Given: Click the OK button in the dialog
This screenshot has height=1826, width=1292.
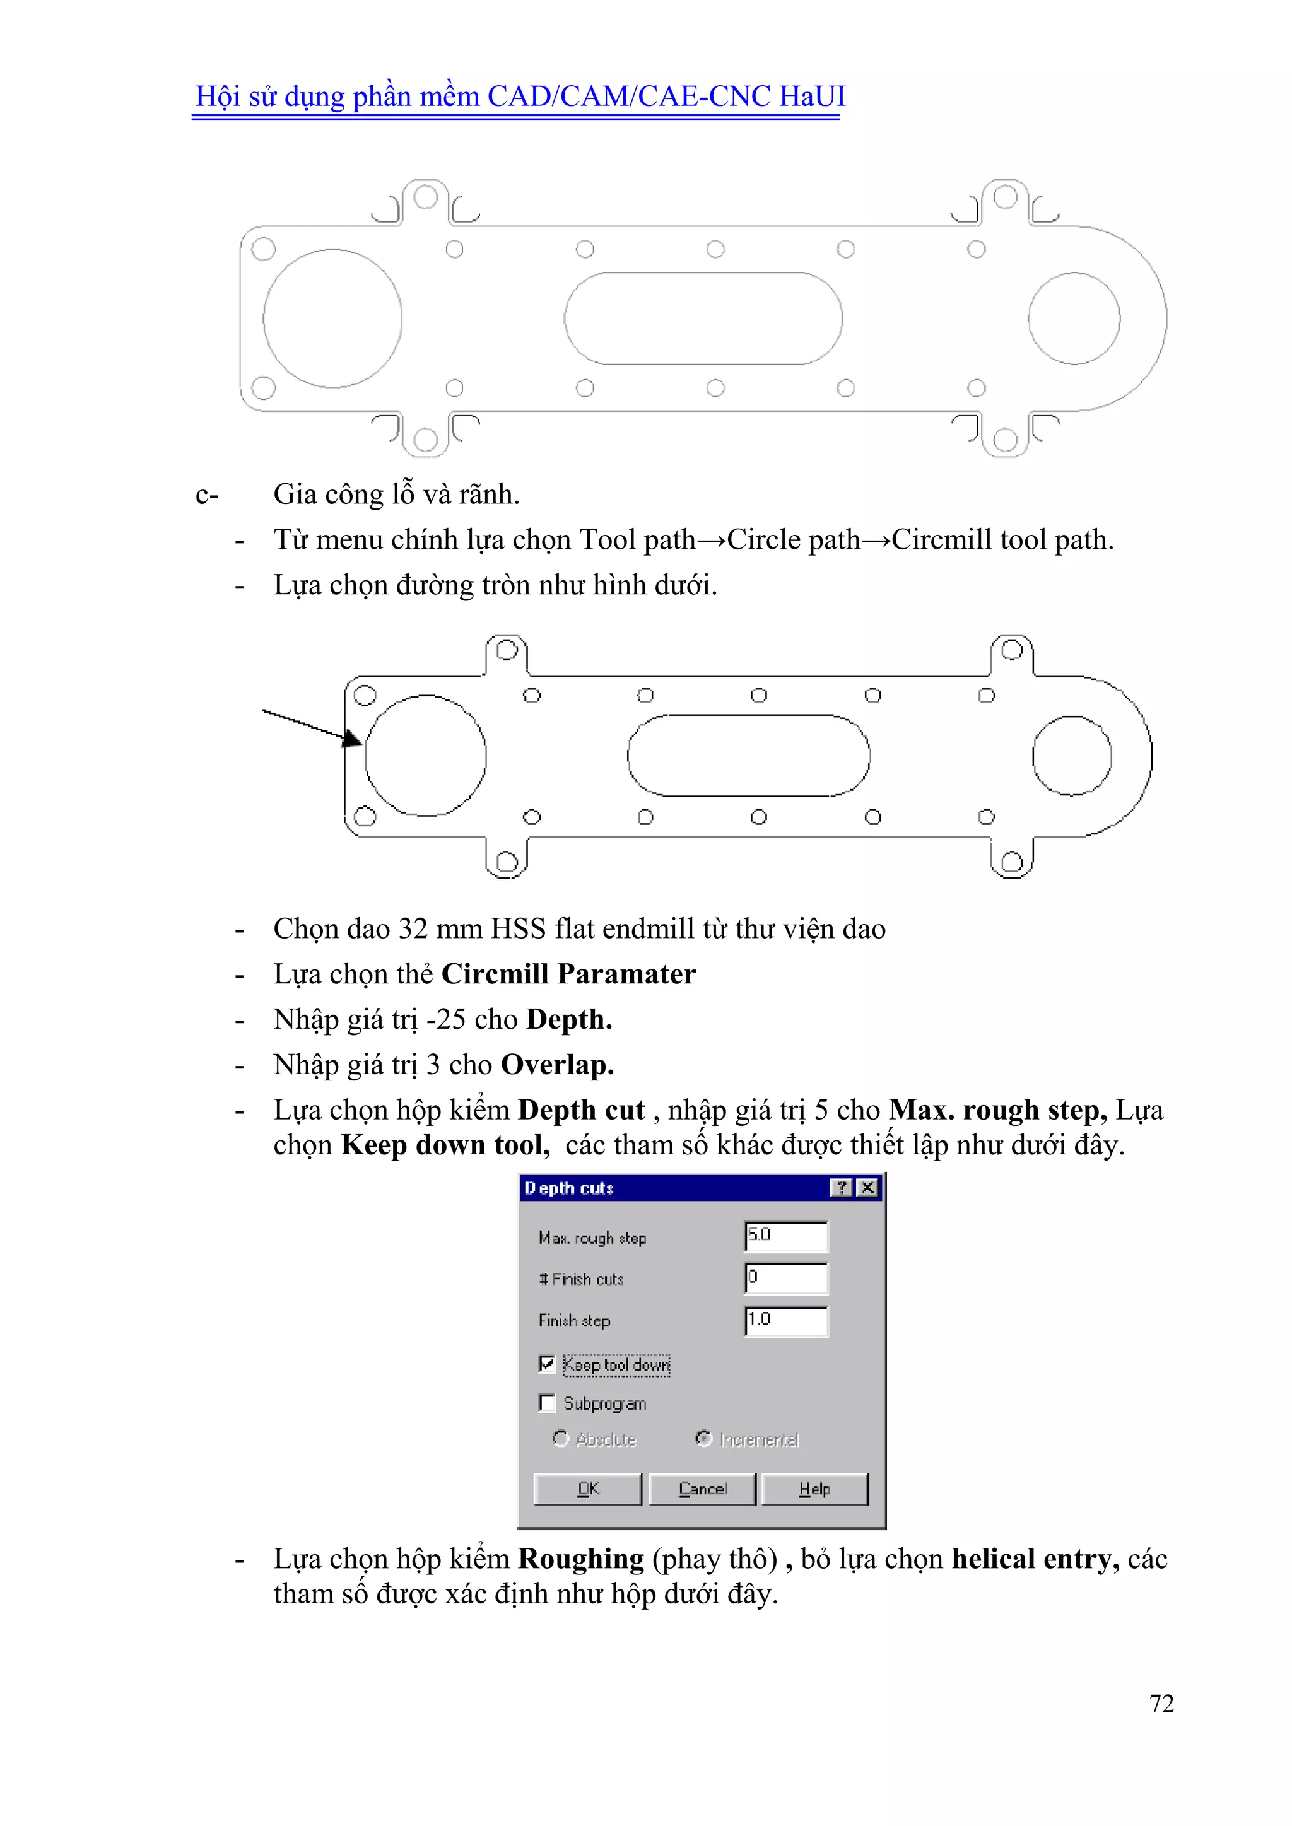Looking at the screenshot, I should click(587, 1489).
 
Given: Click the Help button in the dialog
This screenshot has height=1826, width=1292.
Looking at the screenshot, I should click(814, 1489).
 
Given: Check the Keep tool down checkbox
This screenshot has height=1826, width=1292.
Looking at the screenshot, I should click(546, 1364).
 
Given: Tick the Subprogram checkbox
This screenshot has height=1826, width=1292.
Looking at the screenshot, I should click(546, 1403).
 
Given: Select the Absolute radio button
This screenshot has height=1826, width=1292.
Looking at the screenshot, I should click(561, 1439).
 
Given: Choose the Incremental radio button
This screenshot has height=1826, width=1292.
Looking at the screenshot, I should click(703, 1439).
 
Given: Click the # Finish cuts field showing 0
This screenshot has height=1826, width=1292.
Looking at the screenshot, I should click(785, 1278).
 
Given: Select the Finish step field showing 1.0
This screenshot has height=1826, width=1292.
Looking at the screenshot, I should click(785, 1320).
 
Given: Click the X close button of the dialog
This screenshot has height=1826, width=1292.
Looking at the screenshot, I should click(868, 1188).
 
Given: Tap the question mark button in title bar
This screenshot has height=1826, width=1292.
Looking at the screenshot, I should click(841, 1188).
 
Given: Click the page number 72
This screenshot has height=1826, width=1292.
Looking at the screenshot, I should click(1161, 1704).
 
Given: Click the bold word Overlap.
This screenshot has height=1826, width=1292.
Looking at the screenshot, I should click(557, 1065).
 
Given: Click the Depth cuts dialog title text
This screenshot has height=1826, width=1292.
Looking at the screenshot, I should click(569, 1188).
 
